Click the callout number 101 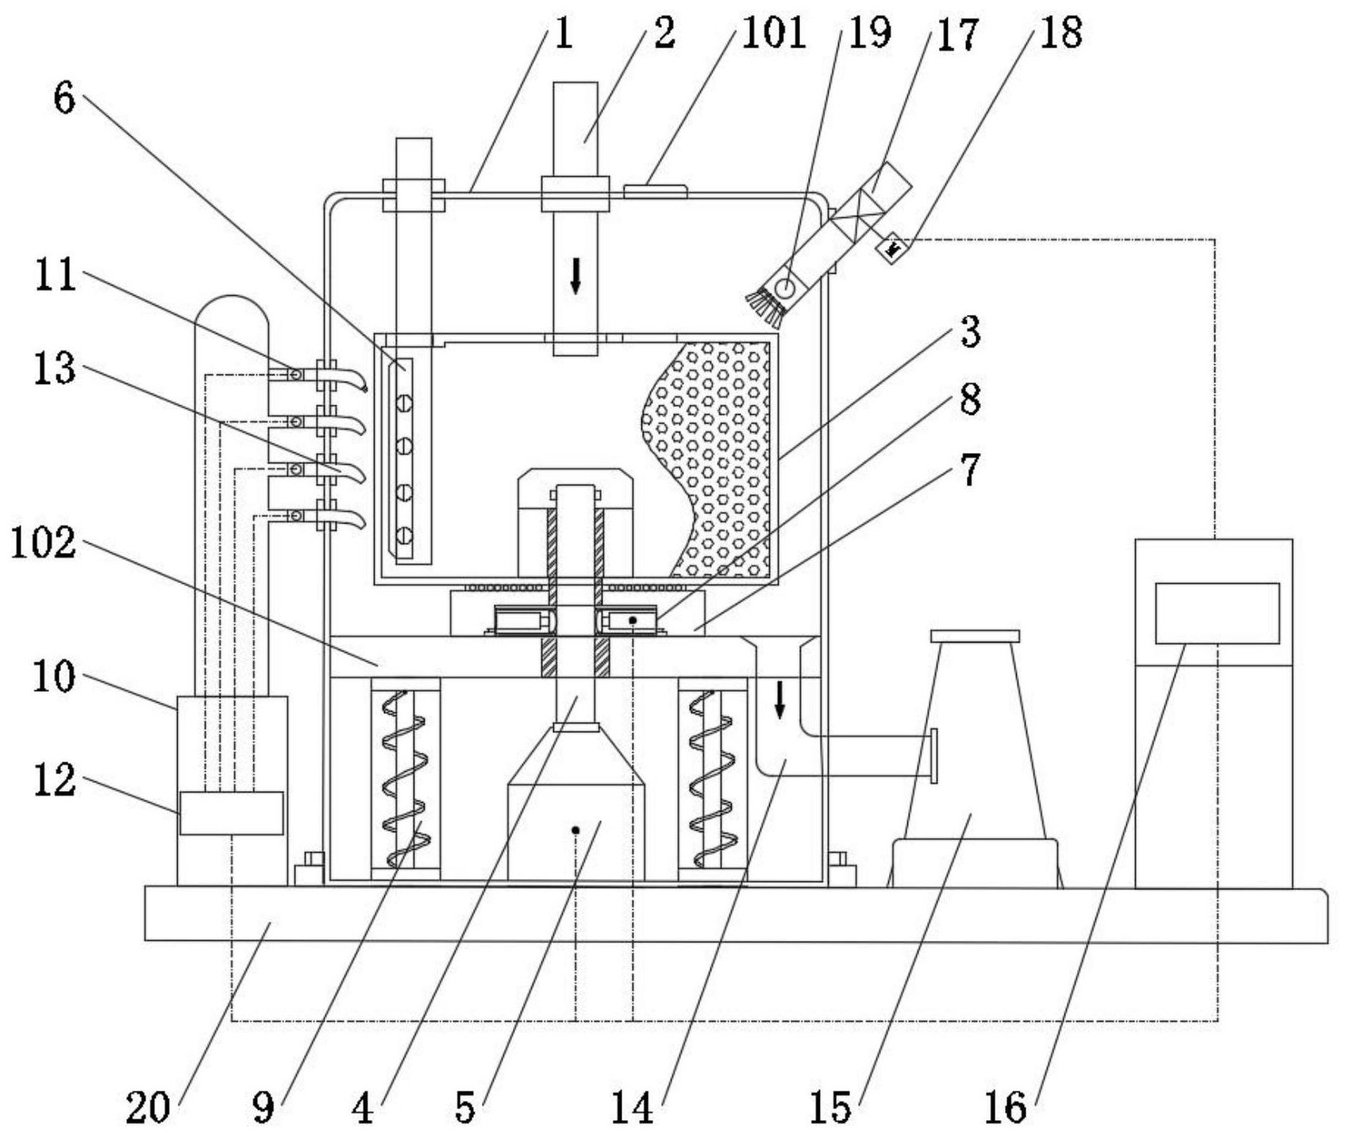[773, 33]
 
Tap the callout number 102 [44, 544]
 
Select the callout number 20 [148, 1107]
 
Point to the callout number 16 [1005, 1107]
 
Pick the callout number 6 [64, 98]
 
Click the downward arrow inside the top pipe [575, 276]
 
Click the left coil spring [406, 779]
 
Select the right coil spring [712, 779]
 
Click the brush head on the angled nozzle [764, 308]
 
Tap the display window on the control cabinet [1217, 613]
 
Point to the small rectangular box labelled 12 [231, 813]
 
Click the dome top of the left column [232, 313]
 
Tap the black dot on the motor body [575, 831]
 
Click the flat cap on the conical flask [975, 636]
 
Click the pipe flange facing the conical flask [933, 755]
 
